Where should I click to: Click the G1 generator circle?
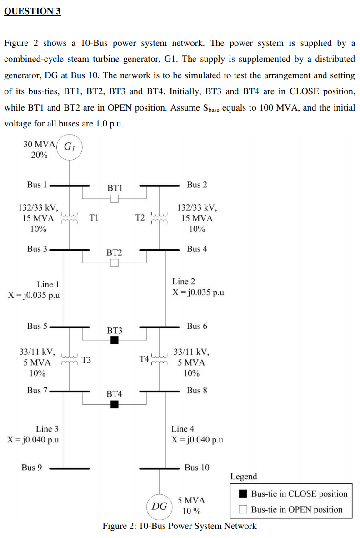pyautogui.click(x=69, y=147)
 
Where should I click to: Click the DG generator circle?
pyautogui.click(x=159, y=506)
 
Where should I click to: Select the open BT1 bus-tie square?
pyautogui.click(x=115, y=199)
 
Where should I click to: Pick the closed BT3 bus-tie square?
pyautogui.click(x=115, y=340)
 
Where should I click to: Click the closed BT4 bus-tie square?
pyautogui.click(x=115, y=404)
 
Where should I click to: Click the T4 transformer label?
pyautogui.click(x=144, y=359)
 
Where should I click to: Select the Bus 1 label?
pyautogui.click(x=37, y=185)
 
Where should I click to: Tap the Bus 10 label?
pyautogui.click(x=197, y=468)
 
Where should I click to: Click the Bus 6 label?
pyautogui.click(x=197, y=326)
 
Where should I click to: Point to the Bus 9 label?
pyautogui.click(x=32, y=468)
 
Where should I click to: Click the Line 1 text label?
pyautogui.click(x=48, y=284)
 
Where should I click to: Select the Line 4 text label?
pyautogui.click(x=182, y=428)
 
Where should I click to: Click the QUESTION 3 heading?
pyautogui.click(x=32, y=11)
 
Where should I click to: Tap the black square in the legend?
pyautogui.click(x=244, y=494)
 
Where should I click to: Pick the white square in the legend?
pyautogui.click(x=244, y=509)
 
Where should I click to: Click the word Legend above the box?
pyautogui.click(x=244, y=477)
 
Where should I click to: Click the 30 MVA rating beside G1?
pyautogui.click(x=39, y=144)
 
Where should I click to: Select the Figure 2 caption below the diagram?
pyautogui.click(x=179, y=526)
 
